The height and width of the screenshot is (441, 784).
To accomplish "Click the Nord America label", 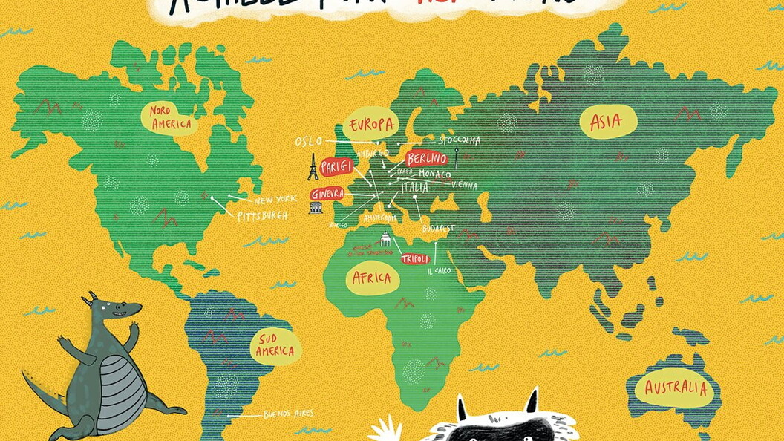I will click(x=170, y=117).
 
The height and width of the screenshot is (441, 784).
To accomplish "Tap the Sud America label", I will click(x=275, y=345).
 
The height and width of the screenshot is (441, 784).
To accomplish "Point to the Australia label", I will click(x=676, y=388).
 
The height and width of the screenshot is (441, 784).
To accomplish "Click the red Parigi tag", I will click(x=336, y=167).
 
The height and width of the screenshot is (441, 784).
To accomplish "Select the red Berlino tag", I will click(x=427, y=158).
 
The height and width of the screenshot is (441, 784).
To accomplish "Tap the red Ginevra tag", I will click(x=327, y=194).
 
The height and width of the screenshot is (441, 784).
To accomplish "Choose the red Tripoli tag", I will click(x=415, y=259).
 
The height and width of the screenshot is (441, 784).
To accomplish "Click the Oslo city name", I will click(x=309, y=141).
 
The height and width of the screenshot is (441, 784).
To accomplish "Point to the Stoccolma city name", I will click(x=459, y=140).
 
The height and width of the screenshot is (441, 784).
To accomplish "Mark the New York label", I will click(x=275, y=200).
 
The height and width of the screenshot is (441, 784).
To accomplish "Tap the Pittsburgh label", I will click(x=262, y=216).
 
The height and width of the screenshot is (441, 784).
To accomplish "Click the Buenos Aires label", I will click(x=288, y=414).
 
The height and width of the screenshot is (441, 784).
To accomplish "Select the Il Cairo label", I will click(x=439, y=271).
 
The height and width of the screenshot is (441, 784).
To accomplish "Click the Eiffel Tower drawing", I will click(x=313, y=167).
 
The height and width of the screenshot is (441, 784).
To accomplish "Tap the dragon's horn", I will click(x=92, y=298).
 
